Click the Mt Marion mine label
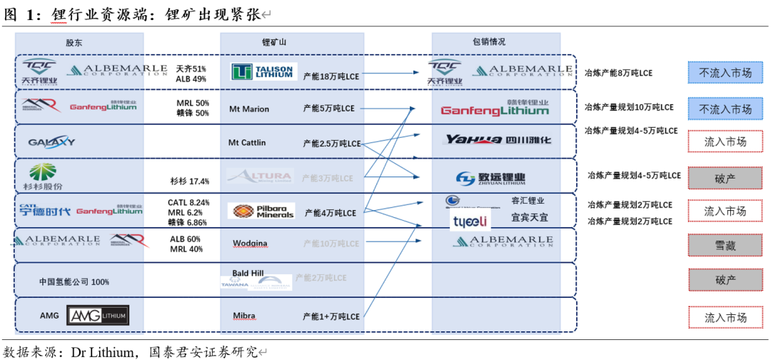[x=248, y=109]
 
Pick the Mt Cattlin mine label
[x=247, y=143]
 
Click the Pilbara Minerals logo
[x=261, y=211]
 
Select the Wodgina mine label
[x=250, y=244]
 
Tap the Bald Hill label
[x=249, y=273]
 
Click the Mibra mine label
[x=243, y=316]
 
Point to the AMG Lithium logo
[x=98, y=315]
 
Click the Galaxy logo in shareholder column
[x=51, y=141]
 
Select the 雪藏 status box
[x=725, y=245]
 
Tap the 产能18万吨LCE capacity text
[x=331, y=76]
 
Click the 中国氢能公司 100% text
[x=74, y=282]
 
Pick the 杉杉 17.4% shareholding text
[x=189, y=181]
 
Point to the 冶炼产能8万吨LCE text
[x=618, y=73]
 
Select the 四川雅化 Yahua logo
[x=498, y=140]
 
